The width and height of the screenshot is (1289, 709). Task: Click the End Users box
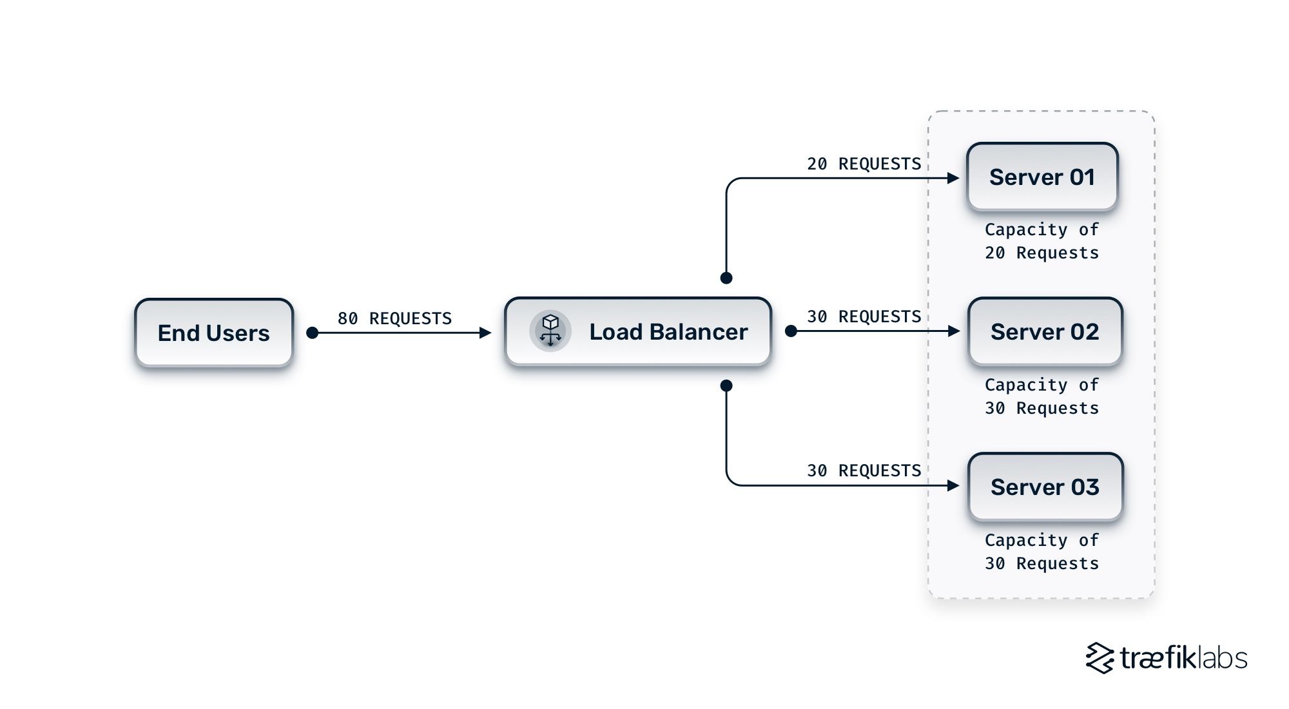point(213,333)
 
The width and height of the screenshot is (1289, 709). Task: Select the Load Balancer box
point(638,331)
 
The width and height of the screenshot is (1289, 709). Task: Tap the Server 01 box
point(1042,177)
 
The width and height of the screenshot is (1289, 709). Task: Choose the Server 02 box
point(1045,331)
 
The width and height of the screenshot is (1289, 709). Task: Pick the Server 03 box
point(1045,487)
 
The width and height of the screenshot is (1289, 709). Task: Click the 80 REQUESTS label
point(394,318)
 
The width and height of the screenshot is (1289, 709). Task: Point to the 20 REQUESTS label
point(864,164)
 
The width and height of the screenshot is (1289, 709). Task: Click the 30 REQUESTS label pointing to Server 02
point(864,316)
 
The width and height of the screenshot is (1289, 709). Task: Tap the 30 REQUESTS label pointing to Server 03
point(864,471)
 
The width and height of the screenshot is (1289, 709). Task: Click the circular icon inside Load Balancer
point(550,331)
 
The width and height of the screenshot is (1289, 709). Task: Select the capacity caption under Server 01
point(1042,241)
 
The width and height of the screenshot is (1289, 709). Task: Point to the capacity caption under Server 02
point(1042,396)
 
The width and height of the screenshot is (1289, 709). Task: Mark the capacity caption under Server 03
point(1042,552)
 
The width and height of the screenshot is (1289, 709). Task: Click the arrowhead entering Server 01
point(953,178)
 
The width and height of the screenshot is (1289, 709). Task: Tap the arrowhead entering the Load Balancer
point(485,333)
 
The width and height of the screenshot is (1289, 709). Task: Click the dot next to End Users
point(313,333)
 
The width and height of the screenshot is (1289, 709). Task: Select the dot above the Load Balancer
point(726,278)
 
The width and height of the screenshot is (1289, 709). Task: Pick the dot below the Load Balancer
point(726,385)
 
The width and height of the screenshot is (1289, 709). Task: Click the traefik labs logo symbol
point(1100,658)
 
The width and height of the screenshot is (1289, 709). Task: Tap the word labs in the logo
point(1219,658)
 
